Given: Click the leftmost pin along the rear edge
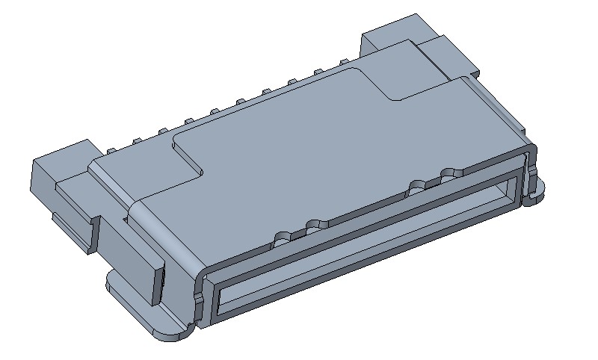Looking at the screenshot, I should [111, 151].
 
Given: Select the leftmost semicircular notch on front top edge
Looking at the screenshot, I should [282, 238].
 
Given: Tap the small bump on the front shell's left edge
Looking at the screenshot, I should [197, 298].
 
